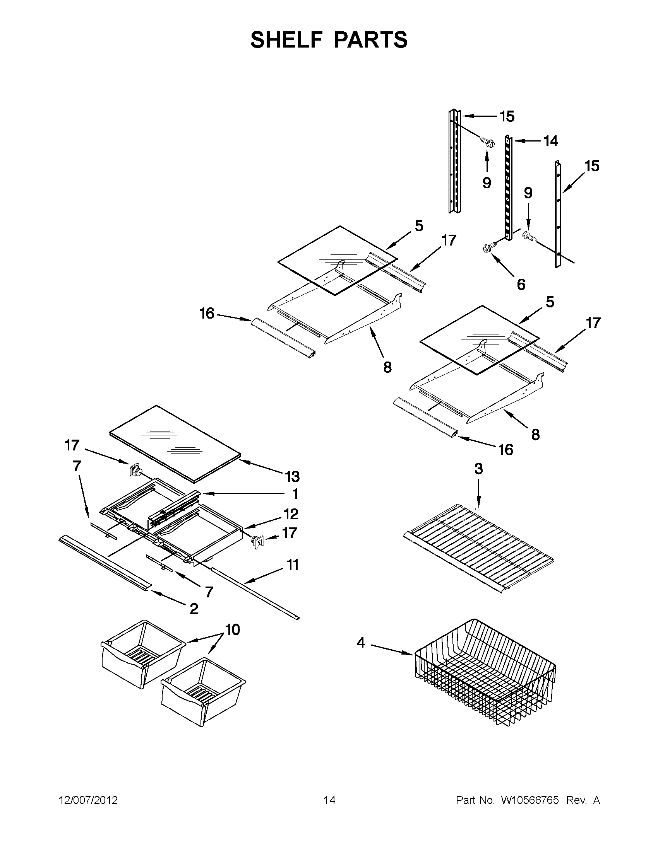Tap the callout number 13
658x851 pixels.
[x=292, y=476]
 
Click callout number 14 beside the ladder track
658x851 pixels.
[x=551, y=141]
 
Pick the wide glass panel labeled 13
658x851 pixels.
[x=175, y=442]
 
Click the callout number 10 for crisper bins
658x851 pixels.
[x=233, y=630]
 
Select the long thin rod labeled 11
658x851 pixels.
[x=254, y=593]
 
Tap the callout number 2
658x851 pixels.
[x=194, y=609]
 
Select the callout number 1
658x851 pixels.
[x=295, y=494]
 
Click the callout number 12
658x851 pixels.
[x=291, y=514]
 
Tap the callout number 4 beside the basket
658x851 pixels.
[x=361, y=643]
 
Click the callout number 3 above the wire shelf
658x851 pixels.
[x=478, y=469]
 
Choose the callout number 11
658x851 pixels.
[x=293, y=564]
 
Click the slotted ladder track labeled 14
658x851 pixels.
[x=509, y=187]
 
